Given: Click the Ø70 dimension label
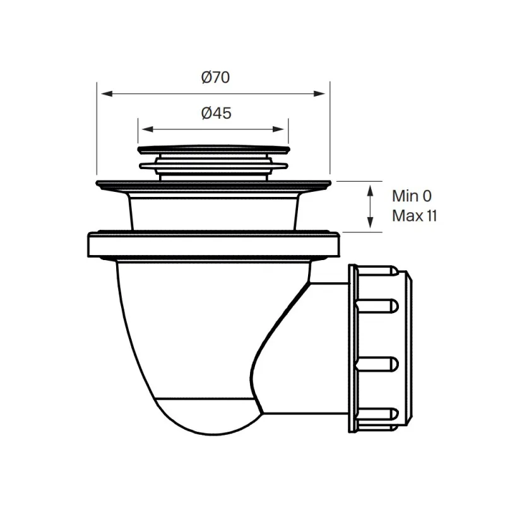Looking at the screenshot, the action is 215,78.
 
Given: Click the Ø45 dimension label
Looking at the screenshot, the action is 216,114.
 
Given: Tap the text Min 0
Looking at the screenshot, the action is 412,196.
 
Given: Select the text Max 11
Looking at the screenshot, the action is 414,216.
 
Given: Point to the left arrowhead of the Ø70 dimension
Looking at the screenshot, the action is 107,93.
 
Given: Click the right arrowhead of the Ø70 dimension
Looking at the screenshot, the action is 319,93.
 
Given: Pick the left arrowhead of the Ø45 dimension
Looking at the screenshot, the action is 147,129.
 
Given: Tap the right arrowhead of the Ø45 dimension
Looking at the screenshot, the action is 278,129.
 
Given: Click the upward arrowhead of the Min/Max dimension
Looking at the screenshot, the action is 371,191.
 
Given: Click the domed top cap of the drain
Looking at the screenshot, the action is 214,149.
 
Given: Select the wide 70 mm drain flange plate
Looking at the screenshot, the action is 213,184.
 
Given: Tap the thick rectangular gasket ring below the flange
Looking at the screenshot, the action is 213,244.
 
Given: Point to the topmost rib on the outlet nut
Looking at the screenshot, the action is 377,271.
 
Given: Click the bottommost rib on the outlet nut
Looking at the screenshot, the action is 377,414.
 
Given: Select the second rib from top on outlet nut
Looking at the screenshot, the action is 377,306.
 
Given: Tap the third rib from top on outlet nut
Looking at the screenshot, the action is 377,364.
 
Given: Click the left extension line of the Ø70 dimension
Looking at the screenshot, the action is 97,129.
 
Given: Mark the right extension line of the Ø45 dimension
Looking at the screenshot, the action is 288,131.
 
